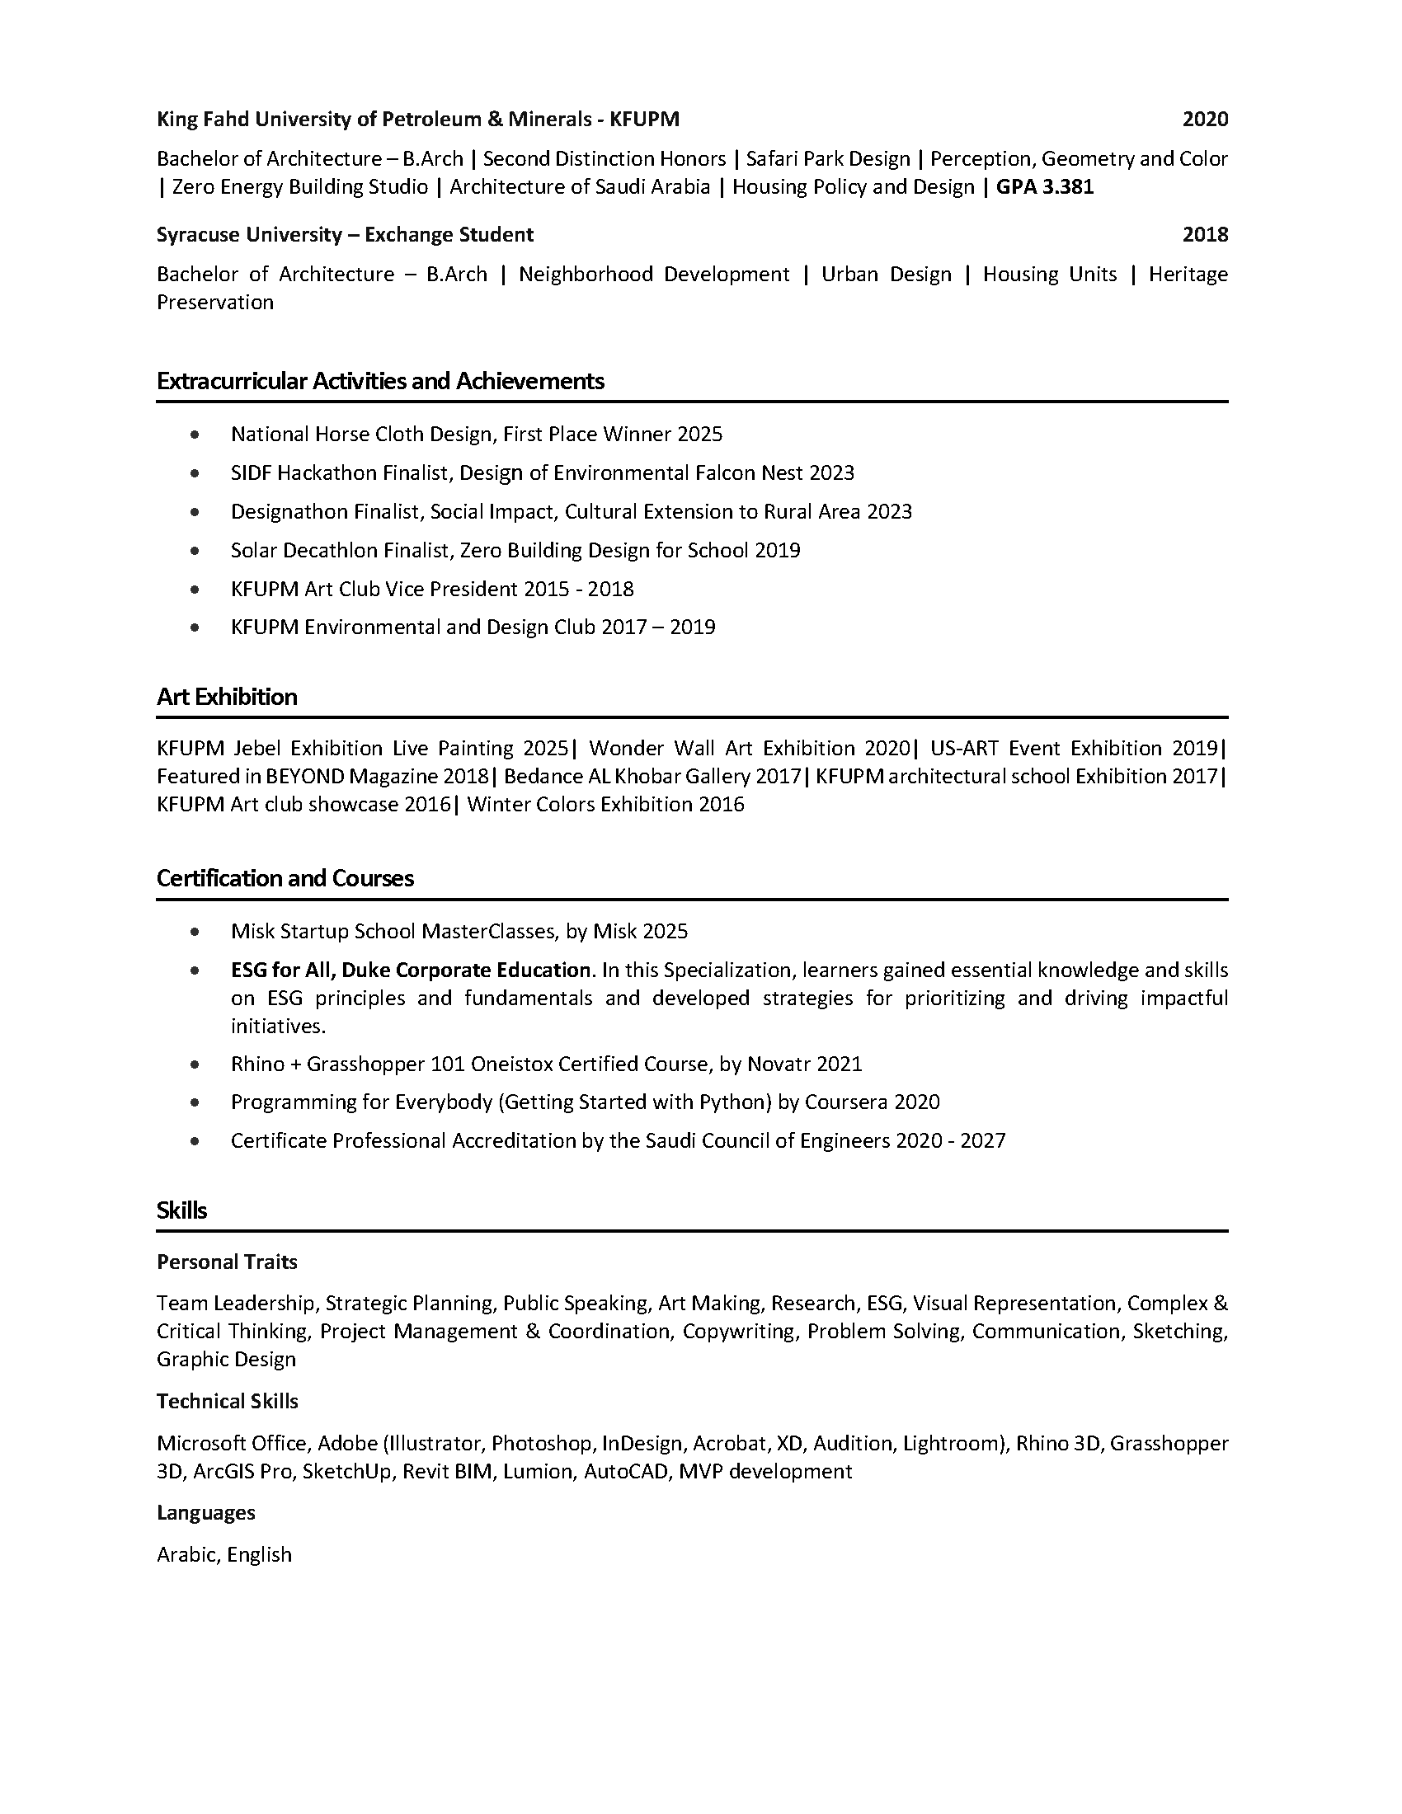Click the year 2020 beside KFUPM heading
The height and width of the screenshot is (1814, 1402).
pos(1204,120)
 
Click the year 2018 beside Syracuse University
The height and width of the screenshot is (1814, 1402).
pos(1204,235)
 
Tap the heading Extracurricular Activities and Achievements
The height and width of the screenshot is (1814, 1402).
pos(380,381)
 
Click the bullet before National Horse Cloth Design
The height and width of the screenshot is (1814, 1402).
pos(195,435)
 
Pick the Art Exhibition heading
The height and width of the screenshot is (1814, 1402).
pos(227,697)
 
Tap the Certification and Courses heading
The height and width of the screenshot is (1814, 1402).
pos(285,879)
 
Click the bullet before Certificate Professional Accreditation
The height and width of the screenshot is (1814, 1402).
pos(195,1141)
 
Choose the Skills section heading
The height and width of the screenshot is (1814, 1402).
pos(182,1210)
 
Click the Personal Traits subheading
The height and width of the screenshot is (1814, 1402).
pos(227,1262)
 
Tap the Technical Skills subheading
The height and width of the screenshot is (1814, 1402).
pos(228,1402)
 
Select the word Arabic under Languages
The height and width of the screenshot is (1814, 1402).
pos(188,1555)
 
